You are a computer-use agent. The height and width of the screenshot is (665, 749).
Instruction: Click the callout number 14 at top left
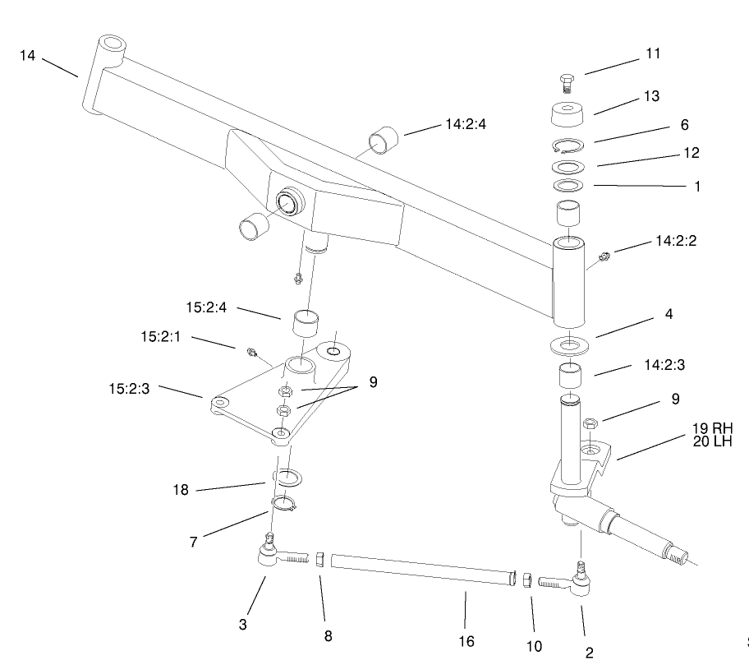28,56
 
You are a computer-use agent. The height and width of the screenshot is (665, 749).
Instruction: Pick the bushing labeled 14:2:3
568,377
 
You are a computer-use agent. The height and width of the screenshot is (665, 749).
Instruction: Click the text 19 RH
710,427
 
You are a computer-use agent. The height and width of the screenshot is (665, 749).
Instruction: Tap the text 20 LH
710,441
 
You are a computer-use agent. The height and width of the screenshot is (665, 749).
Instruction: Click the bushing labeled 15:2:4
306,321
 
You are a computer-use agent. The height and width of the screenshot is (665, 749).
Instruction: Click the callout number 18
181,490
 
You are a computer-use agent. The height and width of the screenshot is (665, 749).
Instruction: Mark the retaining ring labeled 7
283,503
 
